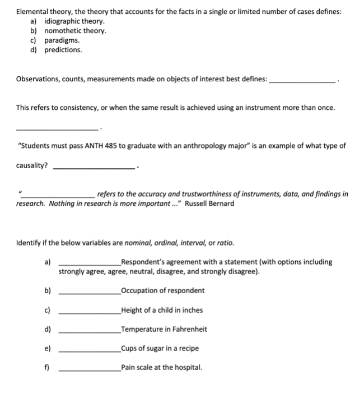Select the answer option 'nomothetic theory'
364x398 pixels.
74,31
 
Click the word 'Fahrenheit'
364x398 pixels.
188,329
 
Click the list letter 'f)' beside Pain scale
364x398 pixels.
47,368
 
